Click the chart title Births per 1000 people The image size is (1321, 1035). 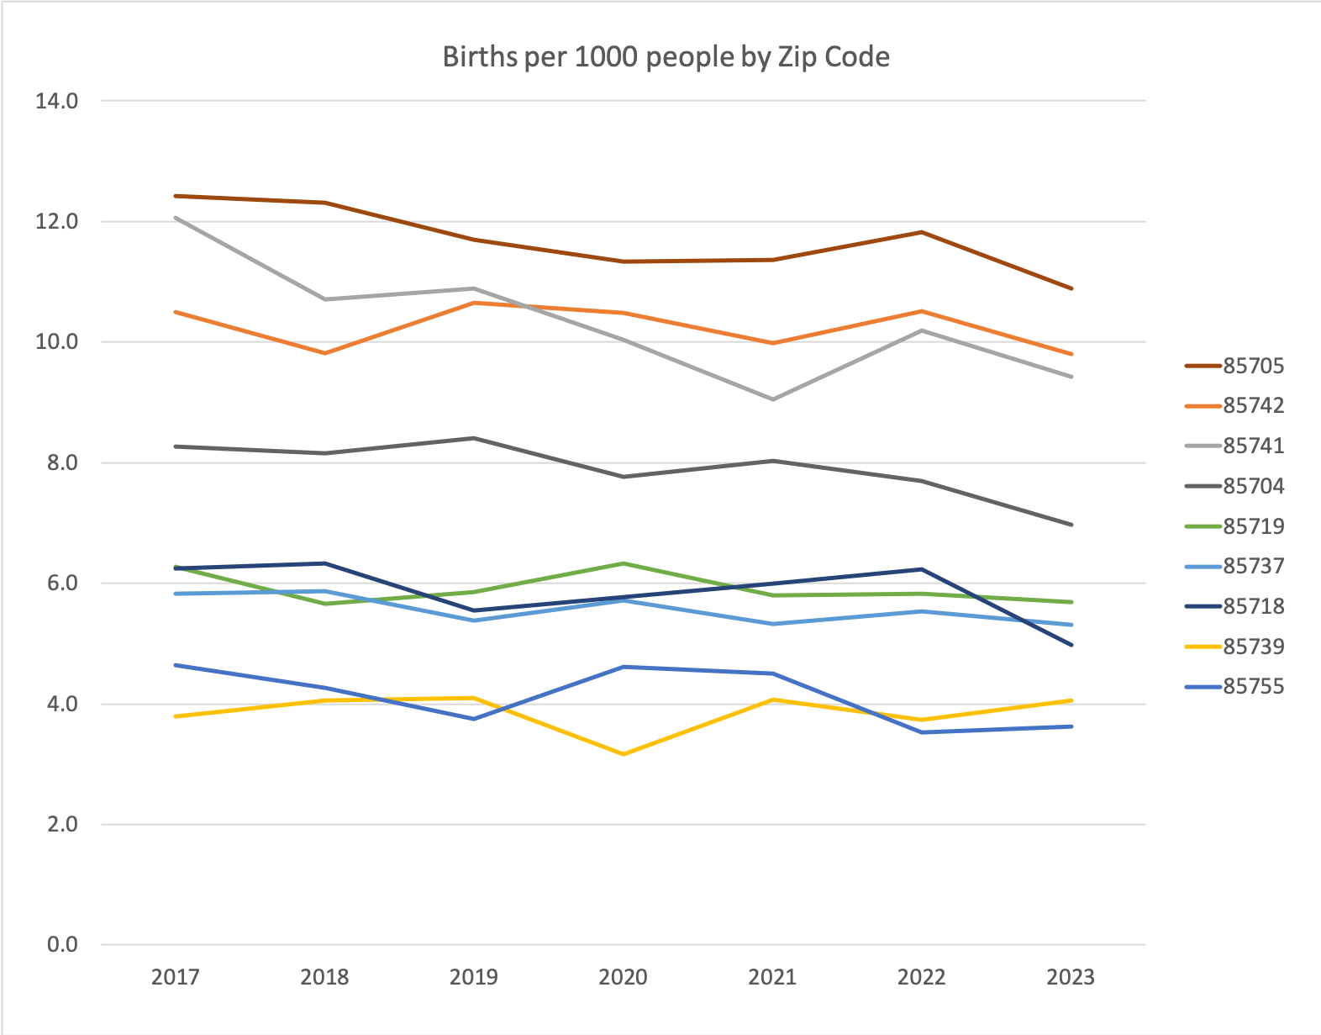click(x=666, y=57)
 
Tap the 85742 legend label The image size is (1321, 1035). click(x=1253, y=406)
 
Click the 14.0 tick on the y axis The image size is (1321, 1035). click(x=56, y=101)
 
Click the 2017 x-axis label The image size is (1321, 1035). click(x=176, y=977)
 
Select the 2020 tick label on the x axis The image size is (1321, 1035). click(x=624, y=977)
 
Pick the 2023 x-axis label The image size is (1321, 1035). click(x=1071, y=977)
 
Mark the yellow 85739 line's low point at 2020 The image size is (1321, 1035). click(x=624, y=754)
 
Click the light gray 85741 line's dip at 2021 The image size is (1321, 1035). click(x=772, y=399)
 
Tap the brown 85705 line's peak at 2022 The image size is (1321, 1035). click(x=922, y=232)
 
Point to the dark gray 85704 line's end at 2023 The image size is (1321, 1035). click(x=1071, y=525)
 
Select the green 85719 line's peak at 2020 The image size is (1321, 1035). click(x=624, y=563)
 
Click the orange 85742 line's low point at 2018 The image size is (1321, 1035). click(x=325, y=353)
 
